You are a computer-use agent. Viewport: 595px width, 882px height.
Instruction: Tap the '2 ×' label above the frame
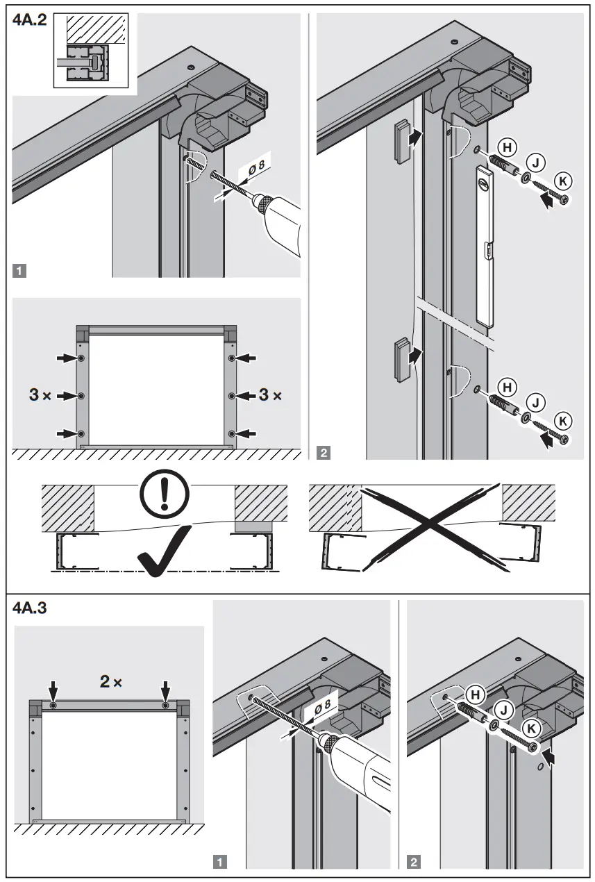click(110, 682)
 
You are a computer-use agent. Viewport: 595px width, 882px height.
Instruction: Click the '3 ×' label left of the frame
click(40, 395)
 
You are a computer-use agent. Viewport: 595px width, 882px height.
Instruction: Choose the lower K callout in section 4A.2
click(564, 420)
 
